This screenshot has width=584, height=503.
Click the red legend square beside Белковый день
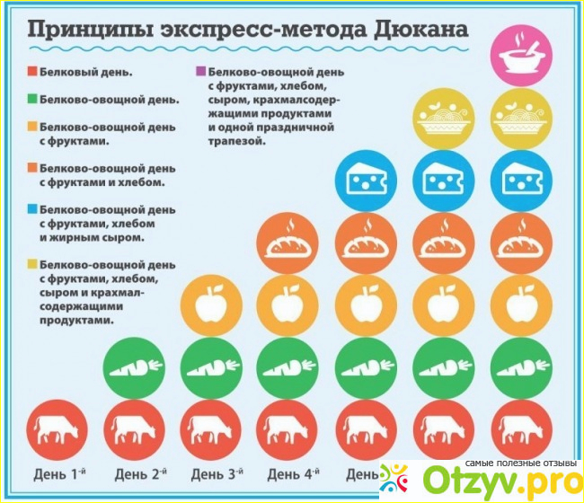[31, 70]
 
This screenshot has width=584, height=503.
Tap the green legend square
[31, 100]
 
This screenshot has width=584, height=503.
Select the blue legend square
[31, 210]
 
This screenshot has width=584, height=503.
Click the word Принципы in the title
[77, 29]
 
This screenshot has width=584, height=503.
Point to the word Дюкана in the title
[422, 29]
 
